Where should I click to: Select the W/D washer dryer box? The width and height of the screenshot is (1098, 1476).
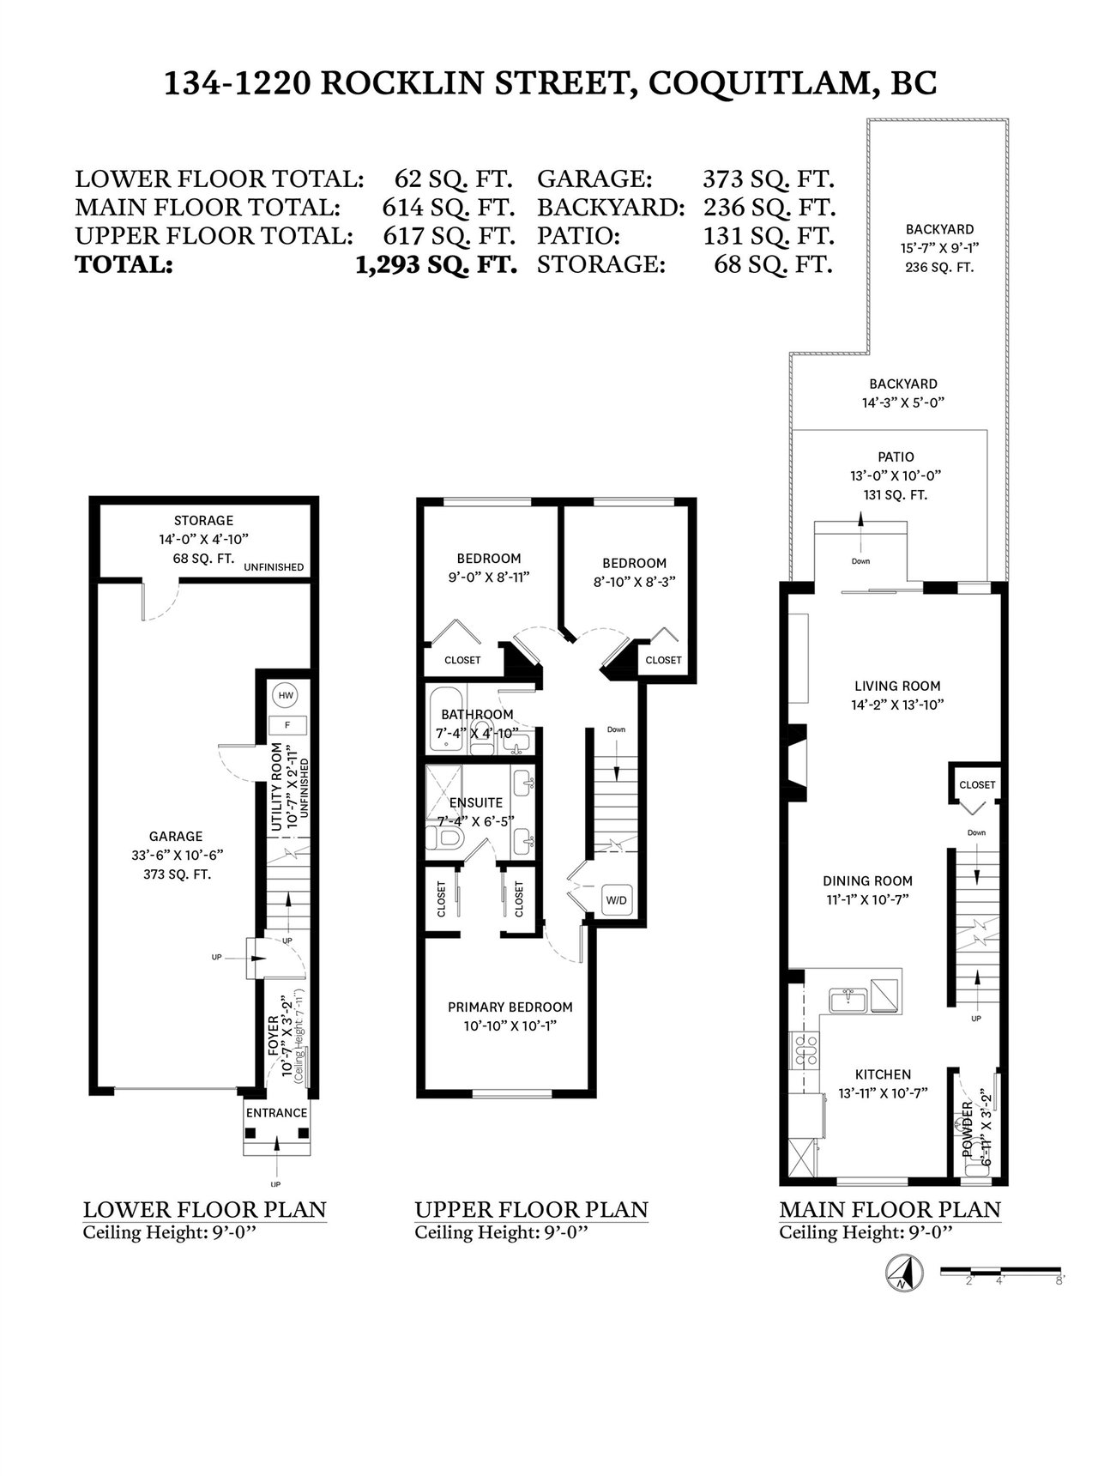point(617,900)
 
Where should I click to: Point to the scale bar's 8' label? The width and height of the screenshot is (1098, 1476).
point(1060,1279)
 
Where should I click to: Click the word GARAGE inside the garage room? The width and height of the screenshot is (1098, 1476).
point(175,836)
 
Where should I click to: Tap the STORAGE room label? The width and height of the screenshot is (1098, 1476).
point(203,520)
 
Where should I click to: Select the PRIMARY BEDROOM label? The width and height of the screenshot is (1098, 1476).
point(510,1007)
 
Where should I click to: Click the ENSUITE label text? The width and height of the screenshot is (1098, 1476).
point(476,802)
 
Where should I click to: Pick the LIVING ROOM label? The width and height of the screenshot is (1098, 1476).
point(897,686)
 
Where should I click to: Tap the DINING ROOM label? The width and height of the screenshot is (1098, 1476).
point(867,880)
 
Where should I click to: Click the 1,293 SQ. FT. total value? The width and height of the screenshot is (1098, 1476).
point(436,264)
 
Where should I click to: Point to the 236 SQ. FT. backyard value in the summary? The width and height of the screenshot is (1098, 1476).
point(769,208)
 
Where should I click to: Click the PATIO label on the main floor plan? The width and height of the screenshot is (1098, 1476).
point(896,457)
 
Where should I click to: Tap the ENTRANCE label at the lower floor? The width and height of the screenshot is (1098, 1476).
point(276,1112)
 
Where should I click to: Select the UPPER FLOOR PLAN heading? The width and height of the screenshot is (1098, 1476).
point(531,1209)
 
